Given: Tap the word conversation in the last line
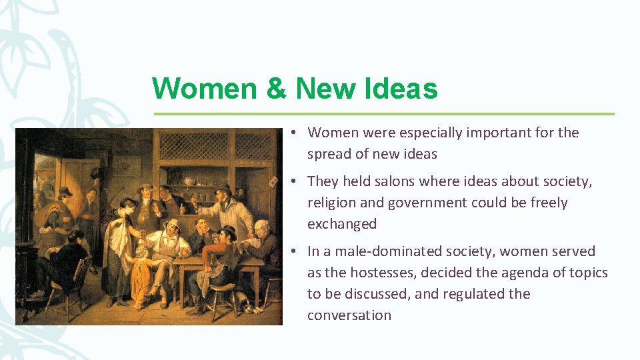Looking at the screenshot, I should tap(349, 315).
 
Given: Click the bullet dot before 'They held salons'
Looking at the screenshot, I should tap(294, 181).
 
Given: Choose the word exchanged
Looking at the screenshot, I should tap(341, 224).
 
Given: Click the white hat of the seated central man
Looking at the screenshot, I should tap(172, 223).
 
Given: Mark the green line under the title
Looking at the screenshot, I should tap(384, 114).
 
